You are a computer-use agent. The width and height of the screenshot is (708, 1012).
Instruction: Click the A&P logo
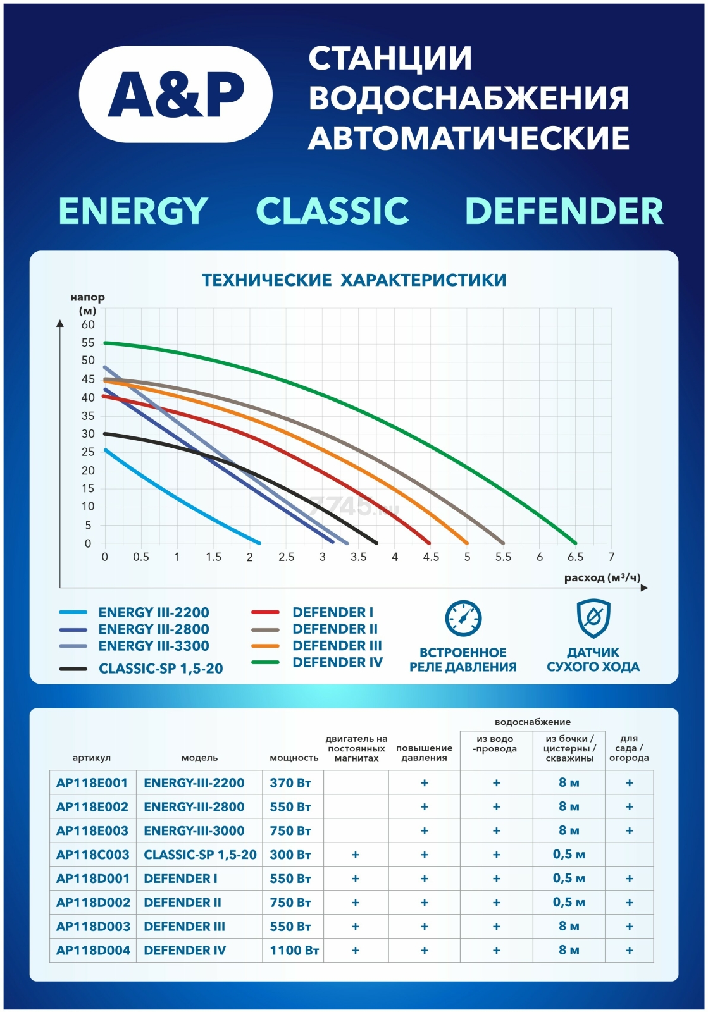pyautogui.click(x=176, y=94)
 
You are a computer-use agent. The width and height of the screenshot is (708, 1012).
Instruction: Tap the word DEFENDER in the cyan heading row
pyautogui.click(x=564, y=211)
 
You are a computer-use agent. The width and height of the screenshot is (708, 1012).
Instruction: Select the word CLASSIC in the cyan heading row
pyautogui.click(x=332, y=211)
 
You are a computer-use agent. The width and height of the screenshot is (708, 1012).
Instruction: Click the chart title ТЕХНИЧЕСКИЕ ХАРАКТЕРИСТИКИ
pyautogui.click(x=354, y=280)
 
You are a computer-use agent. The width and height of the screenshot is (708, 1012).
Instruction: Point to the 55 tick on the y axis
pyautogui.click(x=88, y=343)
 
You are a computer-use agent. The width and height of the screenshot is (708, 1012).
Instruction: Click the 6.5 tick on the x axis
pyautogui.click(x=575, y=557)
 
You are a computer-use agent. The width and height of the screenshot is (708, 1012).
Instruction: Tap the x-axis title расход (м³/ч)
pyautogui.click(x=602, y=577)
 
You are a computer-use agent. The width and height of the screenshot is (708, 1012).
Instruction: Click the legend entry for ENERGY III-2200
pyautogui.click(x=153, y=612)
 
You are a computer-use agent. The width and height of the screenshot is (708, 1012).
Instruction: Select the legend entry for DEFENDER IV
pyautogui.click(x=337, y=662)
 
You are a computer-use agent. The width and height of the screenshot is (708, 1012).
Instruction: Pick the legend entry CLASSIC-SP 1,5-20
pyautogui.click(x=161, y=669)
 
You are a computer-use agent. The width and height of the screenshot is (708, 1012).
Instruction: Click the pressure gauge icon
pyautogui.click(x=463, y=619)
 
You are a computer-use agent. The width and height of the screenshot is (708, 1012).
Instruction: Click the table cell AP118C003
pyautogui.click(x=92, y=855)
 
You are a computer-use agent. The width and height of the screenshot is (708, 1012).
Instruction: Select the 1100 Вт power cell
pyautogui.click(x=294, y=950)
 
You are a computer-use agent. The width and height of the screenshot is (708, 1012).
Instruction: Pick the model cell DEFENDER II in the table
pyautogui.click(x=182, y=903)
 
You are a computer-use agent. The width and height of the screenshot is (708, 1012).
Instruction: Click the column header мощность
pyautogui.click(x=294, y=758)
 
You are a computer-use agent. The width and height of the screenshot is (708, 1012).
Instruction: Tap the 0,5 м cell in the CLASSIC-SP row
pyautogui.click(x=569, y=855)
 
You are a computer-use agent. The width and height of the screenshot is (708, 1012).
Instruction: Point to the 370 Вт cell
pyautogui.click(x=290, y=783)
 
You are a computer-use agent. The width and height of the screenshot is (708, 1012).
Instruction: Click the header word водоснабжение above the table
pyautogui.click(x=532, y=722)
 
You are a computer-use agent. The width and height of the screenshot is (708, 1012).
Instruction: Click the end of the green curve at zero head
pyautogui.click(x=575, y=543)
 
